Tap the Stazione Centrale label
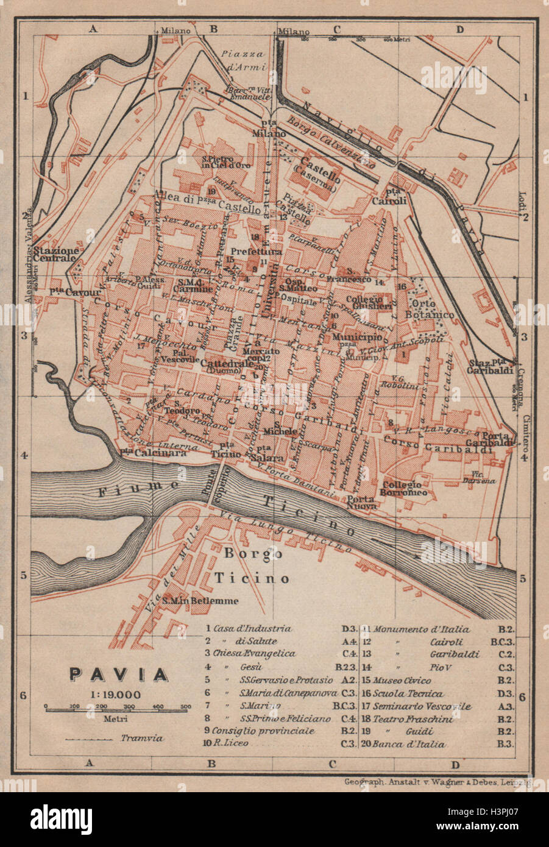pyautogui.click(x=55, y=254)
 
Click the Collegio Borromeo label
pyautogui.click(x=405, y=488)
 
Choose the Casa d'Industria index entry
pyautogui.click(x=252, y=628)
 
